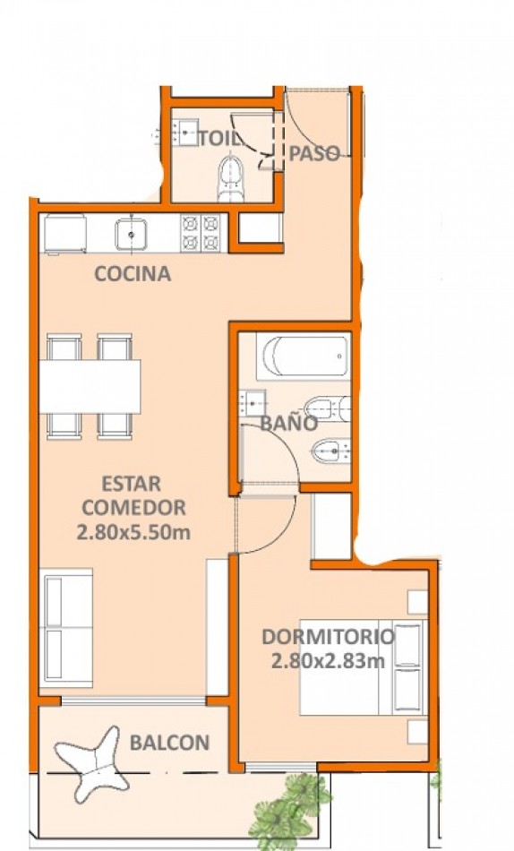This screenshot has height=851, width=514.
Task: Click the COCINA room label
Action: click(133, 273)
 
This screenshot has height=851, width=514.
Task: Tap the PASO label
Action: click(313, 153)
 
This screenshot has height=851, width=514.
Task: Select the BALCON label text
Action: click(169, 743)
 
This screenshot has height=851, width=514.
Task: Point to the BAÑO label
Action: click(288, 424)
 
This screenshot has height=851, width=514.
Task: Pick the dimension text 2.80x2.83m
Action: click(328, 661)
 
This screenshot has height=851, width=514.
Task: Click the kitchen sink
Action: click(131, 234)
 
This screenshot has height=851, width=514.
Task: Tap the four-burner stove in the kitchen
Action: click(201, 233)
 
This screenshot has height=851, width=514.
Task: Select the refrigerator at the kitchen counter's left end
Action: click(64, 234)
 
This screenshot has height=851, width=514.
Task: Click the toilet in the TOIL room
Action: click(231, 178)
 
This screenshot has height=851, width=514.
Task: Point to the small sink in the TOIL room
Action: click(185, 132)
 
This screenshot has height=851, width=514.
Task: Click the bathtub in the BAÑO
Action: click(303, 356)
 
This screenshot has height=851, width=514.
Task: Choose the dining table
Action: click(90, 386)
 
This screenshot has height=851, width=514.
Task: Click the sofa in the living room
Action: click(65, 628)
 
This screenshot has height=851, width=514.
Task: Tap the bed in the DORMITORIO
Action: click(362, 666)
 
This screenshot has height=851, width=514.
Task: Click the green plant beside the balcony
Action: click(289, 811)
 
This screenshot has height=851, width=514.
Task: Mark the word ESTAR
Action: click(132, 483)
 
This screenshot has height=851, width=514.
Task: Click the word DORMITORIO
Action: click(328, 637)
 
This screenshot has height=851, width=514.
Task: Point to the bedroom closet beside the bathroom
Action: click(331, 526)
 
